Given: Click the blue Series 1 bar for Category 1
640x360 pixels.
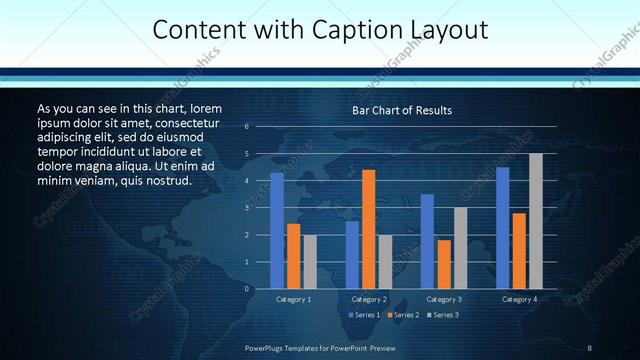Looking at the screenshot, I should (277, 230).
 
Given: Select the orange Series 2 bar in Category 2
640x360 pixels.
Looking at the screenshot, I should (369, 229).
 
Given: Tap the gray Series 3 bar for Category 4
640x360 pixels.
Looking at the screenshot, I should (536, 221).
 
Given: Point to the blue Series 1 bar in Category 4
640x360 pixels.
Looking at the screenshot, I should (503, 228).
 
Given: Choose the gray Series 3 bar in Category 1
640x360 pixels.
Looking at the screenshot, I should (310, 261).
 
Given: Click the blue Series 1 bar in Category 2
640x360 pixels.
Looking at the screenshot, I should (352, 254).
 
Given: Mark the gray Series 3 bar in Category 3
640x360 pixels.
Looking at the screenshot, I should (460, 248).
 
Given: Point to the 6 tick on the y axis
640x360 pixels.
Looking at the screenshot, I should (246, 127).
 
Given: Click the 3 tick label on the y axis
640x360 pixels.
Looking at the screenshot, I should (246, 208).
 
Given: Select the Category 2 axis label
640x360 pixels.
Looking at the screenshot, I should (369, 299).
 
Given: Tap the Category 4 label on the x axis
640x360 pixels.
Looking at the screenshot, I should (519, 299).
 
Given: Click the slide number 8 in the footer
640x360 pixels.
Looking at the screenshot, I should (591, 346).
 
